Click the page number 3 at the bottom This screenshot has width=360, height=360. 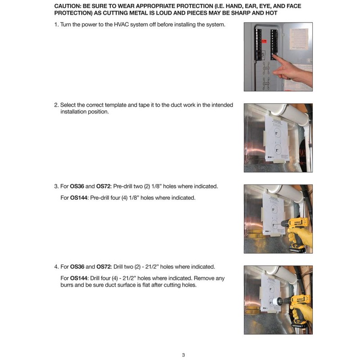click(x=183, y=355)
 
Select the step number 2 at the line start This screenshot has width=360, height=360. click(x=56, y=105)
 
